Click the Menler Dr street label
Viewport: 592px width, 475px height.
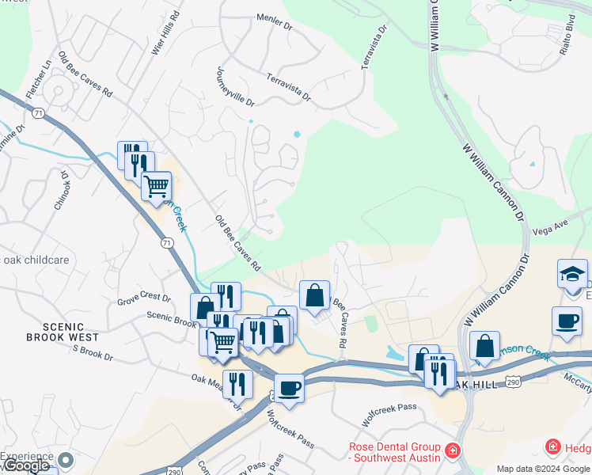click(275, 19)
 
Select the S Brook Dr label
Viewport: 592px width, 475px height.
click(93, 352)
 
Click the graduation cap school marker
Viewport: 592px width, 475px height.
click(572, 274)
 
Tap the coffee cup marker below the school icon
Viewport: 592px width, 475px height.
click(567, 321)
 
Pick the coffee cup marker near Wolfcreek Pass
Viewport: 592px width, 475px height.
click(289, 389)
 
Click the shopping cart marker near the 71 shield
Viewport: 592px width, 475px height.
click(157, 186)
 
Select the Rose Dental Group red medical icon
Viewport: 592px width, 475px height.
click(453, 451)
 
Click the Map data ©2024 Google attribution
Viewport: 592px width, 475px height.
click(543, 469)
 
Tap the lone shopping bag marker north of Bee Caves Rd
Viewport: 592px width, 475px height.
click(314, 294)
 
